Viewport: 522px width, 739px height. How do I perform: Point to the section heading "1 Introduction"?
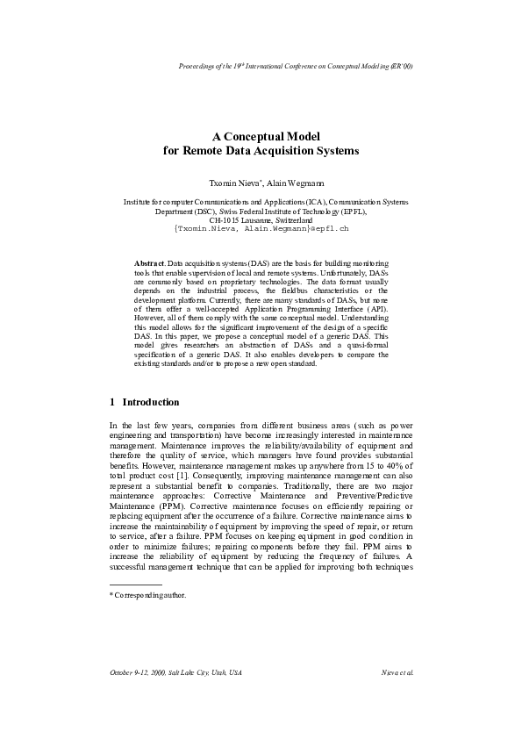coord(145,402)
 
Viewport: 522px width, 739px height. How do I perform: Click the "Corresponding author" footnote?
coord(149,594)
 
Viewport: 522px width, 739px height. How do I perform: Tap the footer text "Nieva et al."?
coord(398,672)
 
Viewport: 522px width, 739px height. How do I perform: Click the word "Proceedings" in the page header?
coord(198,67)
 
